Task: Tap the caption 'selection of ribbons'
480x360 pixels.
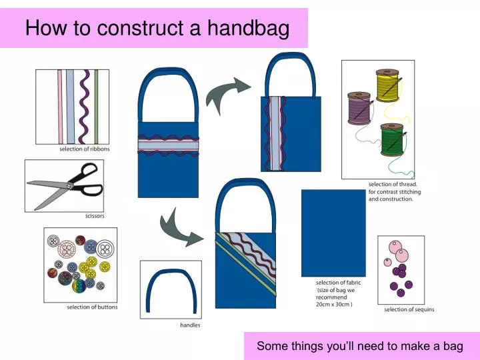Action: (x=84, y=149)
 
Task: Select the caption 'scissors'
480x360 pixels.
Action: (x=95, y=216)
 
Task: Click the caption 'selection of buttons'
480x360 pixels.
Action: (x=92, y=307)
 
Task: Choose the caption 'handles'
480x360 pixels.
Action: (x=190, y=325)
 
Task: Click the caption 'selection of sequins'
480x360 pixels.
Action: (x=409, y=309)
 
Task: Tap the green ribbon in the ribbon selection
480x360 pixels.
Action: (x=96, y=107)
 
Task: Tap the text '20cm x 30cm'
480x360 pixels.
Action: (x=334, y=304)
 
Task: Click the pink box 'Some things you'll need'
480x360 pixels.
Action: (x=359, y=346)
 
